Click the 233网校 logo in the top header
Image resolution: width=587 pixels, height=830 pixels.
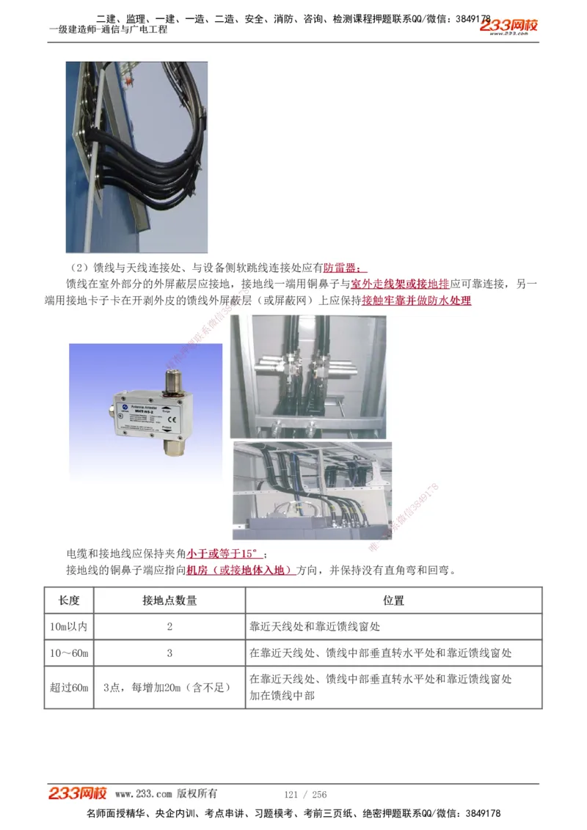[x=508, y=26]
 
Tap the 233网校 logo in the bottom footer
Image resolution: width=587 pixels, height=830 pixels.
[x=78, y=793]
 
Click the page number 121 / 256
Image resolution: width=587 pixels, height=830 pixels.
[x=305, y=795]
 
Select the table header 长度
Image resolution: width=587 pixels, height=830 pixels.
[x=69, y=601]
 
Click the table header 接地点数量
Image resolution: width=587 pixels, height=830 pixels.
[x=169, y=601]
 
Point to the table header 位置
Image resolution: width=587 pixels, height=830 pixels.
[x=393, y=601]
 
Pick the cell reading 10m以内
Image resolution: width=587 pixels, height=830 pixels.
[x=69, y=627]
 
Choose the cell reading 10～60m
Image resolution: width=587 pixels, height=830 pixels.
[x=69, y=653]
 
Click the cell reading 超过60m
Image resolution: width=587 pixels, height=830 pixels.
[x=69, y=687]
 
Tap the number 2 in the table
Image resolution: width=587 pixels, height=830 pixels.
[x=169, y=627]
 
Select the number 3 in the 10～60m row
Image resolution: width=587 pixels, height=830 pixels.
[x=169, y=653]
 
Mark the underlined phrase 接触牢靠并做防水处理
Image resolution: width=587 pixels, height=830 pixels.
[x=416, y=301]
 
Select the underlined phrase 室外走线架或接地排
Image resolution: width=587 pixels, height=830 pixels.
[x=399, y=284]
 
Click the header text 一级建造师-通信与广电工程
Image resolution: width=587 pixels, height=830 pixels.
[x=109, y=30]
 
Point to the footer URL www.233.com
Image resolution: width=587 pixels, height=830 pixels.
[x=143, y=794]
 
